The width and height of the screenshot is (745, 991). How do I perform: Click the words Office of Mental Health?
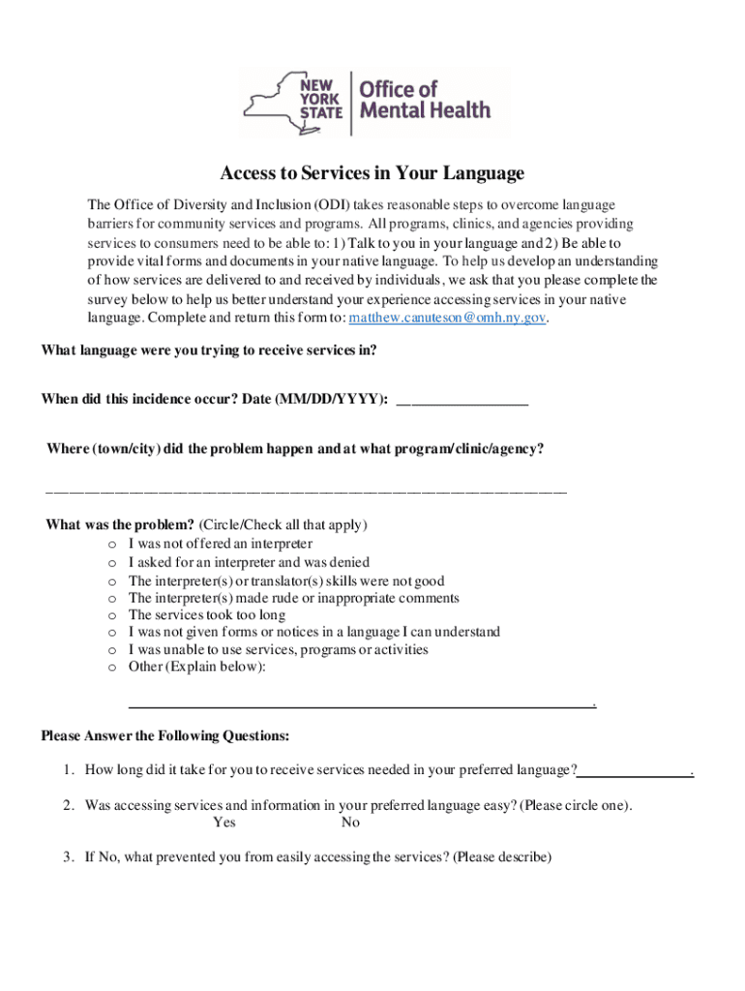pos(424,100)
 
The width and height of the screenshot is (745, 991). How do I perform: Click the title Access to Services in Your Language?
pos(372,173)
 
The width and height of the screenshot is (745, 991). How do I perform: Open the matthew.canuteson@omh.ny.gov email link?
pos(448,317)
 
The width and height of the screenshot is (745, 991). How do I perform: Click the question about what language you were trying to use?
pos(208,350)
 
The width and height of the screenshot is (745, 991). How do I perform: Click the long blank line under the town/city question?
pos(306,492)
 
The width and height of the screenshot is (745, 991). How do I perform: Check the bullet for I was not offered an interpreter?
pos(112,545)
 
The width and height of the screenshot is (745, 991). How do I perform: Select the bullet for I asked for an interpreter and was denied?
pos(112,562)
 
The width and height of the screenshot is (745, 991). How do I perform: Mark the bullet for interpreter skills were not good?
pos(112,581)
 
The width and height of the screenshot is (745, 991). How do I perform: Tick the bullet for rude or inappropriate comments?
pos(112,598)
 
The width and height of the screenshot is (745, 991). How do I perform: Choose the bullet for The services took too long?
pos(112,616)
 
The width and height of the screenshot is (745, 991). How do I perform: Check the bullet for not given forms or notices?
pos(112,633)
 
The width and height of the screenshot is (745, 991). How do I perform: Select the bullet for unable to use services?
pos(112,650)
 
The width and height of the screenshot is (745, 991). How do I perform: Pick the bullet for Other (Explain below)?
pos(112,668)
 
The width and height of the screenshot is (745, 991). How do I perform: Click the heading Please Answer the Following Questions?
pos(164,736)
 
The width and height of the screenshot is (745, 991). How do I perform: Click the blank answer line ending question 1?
pos(635,772)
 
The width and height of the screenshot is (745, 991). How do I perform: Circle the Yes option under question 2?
pos(223,823)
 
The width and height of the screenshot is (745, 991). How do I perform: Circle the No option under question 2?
pos(350,823)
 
